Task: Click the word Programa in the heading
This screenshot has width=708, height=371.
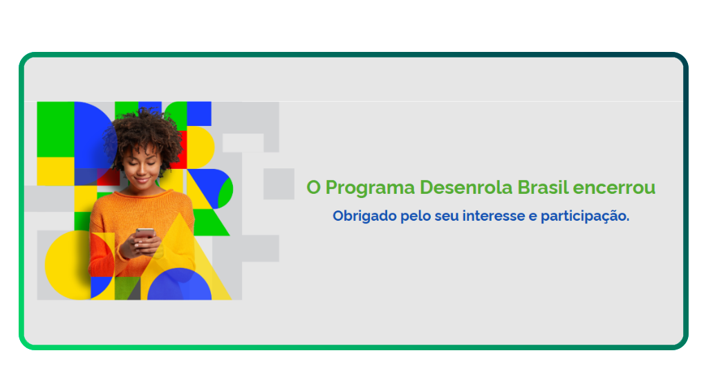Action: (371, 188)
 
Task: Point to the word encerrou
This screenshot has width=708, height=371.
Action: (615, 188)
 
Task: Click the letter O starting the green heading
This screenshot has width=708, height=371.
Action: (314, 188)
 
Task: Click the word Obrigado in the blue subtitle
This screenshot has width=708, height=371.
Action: (364, 216)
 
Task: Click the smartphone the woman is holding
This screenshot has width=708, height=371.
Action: (145, 233)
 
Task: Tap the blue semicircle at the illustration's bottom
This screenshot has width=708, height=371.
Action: (179, 286)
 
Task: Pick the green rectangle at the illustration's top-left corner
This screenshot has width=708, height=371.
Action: (55, 129)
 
